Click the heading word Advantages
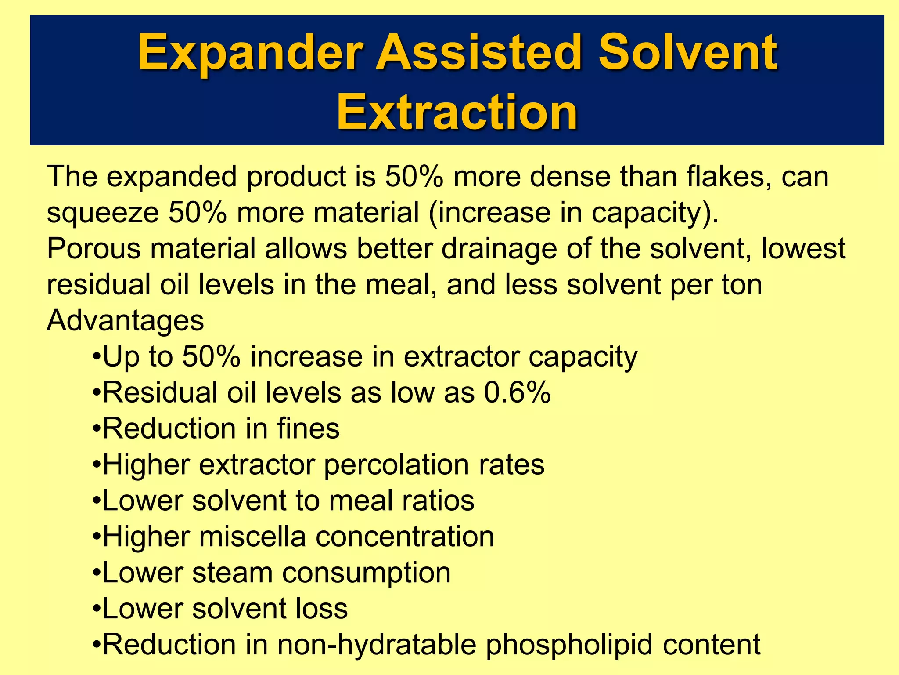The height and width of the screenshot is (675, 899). pos(125,321)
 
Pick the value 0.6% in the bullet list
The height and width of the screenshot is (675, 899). pos(517,392)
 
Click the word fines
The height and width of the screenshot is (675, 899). pos(308,428)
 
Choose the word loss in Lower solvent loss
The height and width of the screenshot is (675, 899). pos(321,609)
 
